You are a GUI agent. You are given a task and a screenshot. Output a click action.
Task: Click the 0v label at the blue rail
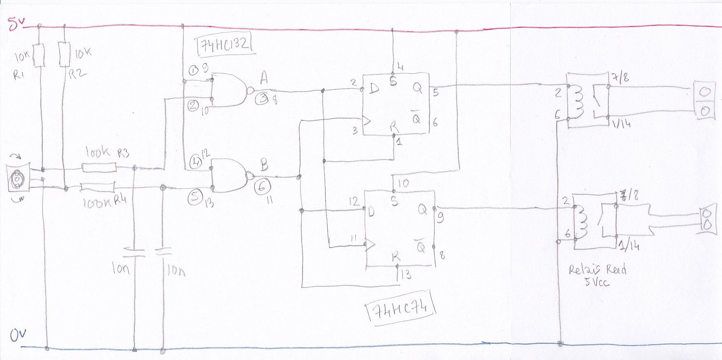click(x=18, y=335)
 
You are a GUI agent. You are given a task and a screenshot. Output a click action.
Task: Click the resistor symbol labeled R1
click(x=39, y=55)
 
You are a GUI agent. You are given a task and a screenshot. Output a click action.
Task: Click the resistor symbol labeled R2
click(x=65, y=54)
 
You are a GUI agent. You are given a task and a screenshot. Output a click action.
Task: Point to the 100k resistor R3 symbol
click(x=99, y=167)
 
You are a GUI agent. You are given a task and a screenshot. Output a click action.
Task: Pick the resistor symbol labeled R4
click(x=98, y=188)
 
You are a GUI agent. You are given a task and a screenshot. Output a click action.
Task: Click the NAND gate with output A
click(x=229, y=90)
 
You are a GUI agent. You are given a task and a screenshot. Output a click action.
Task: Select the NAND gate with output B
click(x=229, y=176)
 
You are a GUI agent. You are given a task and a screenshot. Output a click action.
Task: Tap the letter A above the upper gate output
click(x=264, y=78)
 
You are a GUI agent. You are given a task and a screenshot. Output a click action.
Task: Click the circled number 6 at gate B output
click(x=262, y=187)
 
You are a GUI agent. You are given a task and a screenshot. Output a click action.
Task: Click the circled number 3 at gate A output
click(x=262, y=98)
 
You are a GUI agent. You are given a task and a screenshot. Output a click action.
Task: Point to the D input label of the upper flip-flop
click(x=374, y=88)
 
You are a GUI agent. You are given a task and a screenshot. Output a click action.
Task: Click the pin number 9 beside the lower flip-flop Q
click(x=440, y=217)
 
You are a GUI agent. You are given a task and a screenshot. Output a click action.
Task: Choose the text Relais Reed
click(x=597, y=270)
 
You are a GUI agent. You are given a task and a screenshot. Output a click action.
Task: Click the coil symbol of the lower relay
click(x=582, y=223)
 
